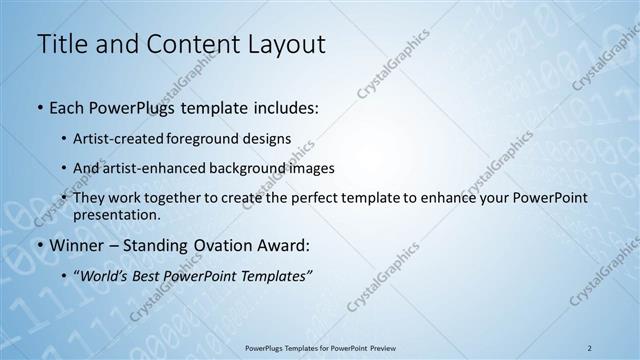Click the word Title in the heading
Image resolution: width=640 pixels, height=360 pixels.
click(x=61, y=44)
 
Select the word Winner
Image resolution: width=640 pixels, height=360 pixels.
click(x=78, y=245)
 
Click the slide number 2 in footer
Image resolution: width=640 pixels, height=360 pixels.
click(x=589, y=348)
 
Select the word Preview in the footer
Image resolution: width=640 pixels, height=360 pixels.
click(x=389, y=348)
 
